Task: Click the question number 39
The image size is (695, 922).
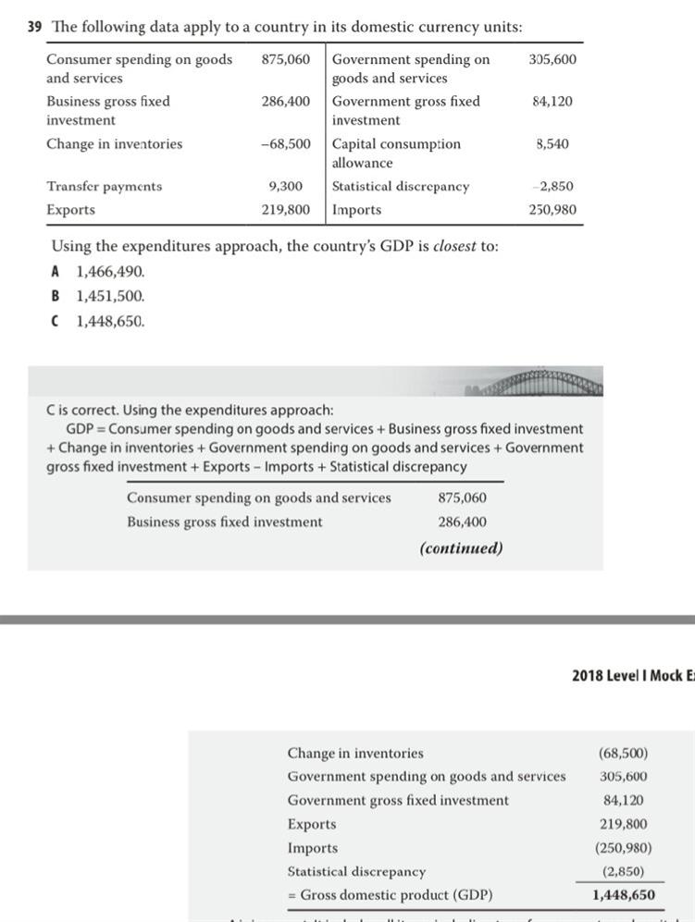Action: [35, 27]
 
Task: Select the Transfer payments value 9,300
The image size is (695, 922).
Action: [285, 186]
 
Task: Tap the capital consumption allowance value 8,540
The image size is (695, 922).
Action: [552, 143]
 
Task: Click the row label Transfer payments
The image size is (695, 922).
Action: [104, 186]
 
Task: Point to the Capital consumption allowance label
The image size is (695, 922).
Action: [396, 153]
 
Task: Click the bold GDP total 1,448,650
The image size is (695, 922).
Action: [624, 894]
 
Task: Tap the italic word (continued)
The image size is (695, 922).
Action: [461, 547]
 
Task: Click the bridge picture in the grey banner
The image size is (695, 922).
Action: [540, 382]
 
